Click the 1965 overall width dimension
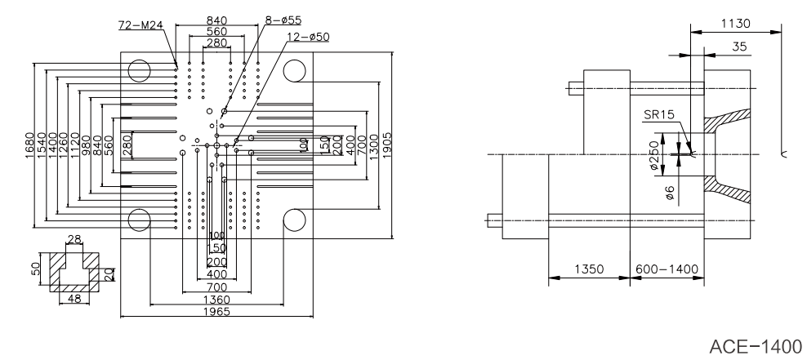tap(218, 311)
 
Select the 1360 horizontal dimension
tap(218, 300)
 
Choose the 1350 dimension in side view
tap(589, 269)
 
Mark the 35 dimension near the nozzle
tap(739, 48)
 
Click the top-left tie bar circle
tap(139, 69)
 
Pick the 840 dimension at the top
tap(217, 20)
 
